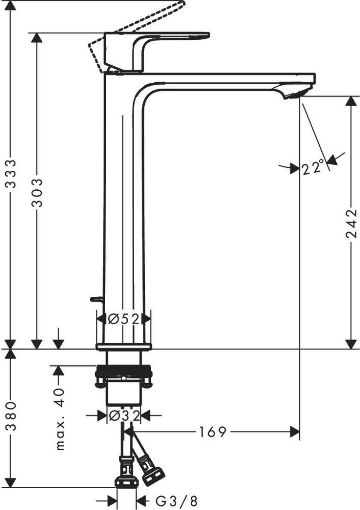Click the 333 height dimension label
click(11, 173)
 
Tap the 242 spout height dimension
click(351, 223)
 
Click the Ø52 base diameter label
click(124, 319)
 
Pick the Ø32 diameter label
click(124, 415)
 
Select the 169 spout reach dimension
click(213, 432)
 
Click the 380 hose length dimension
click(11, 416)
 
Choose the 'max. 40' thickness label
click(60, 419)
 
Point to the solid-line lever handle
click(157, 52)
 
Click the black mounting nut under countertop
click(123, 370)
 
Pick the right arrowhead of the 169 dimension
click(295, 432)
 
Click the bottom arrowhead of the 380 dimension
click(11, 482)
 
